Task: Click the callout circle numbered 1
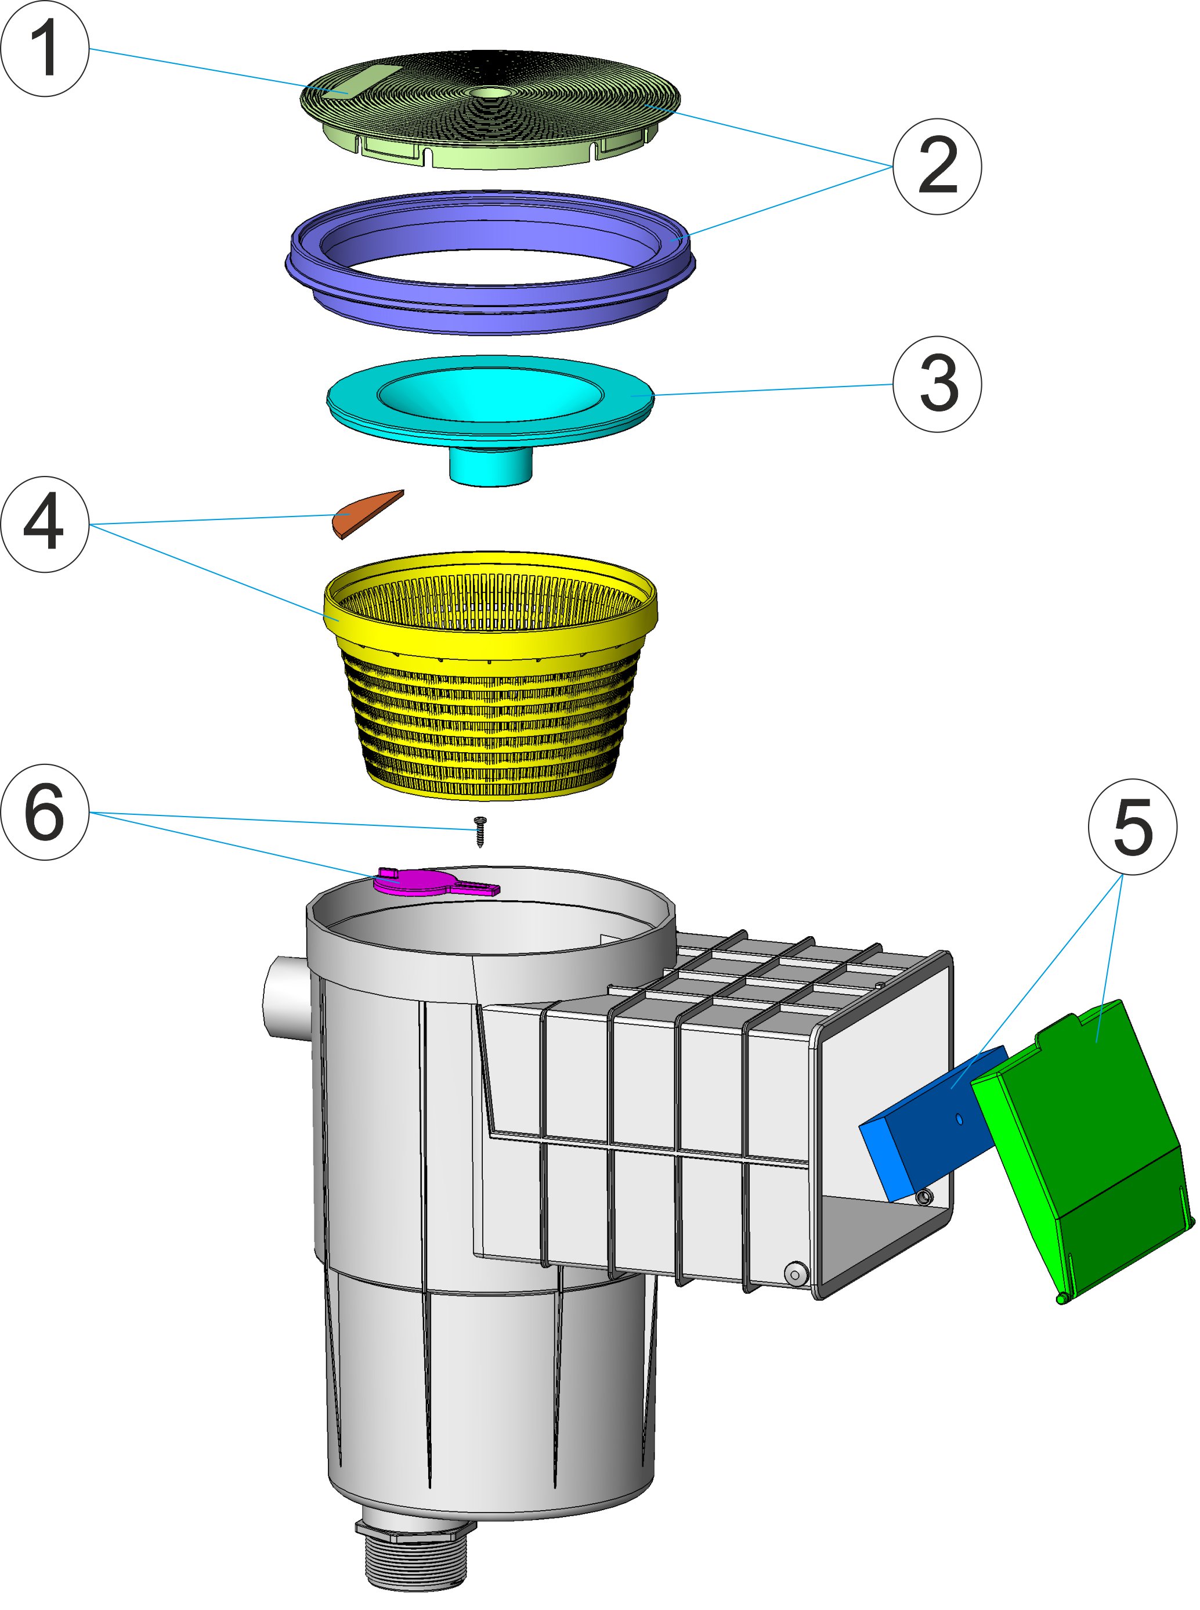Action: (x=45, y=49)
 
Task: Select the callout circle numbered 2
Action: (x=937, y=167)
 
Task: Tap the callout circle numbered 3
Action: (x=937, y=384)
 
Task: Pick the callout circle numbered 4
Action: (x=45, y=525)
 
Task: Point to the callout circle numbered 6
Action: (x=45, y=813)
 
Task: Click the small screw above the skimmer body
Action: (x=479, y=831)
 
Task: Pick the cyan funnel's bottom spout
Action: (x=491, y=465)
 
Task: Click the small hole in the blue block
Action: (x=960, y=1120)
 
